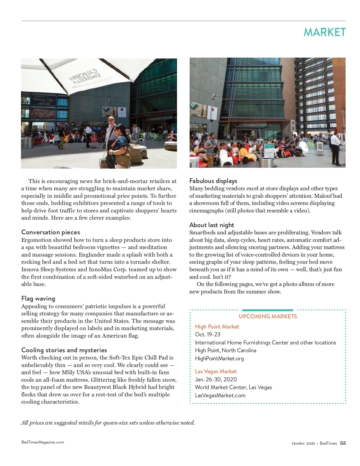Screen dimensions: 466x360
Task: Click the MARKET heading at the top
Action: (x=325, y=32)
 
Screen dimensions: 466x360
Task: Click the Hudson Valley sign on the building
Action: (x=44, y=100)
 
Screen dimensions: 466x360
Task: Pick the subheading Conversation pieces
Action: (x=51, y=232)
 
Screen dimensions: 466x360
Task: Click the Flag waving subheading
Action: (x=38, y=299)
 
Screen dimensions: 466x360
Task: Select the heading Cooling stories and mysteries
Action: (x=64, y=350)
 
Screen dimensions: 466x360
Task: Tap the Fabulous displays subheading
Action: (x=213, y=181)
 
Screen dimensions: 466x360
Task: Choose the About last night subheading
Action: (x=212, y=225)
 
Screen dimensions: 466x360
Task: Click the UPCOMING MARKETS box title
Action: (x=268, y=316)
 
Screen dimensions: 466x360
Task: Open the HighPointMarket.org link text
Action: (x=219, y=358)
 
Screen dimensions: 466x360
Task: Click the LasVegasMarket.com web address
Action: (x=220, y=395)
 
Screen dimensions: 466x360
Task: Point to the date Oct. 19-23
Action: (x=208, y=334)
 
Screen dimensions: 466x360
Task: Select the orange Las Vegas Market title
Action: (x=216, y=371)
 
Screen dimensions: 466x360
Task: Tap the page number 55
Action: (x=343, y=443)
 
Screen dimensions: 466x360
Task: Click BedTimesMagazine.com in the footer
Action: (x=43, y=442)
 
